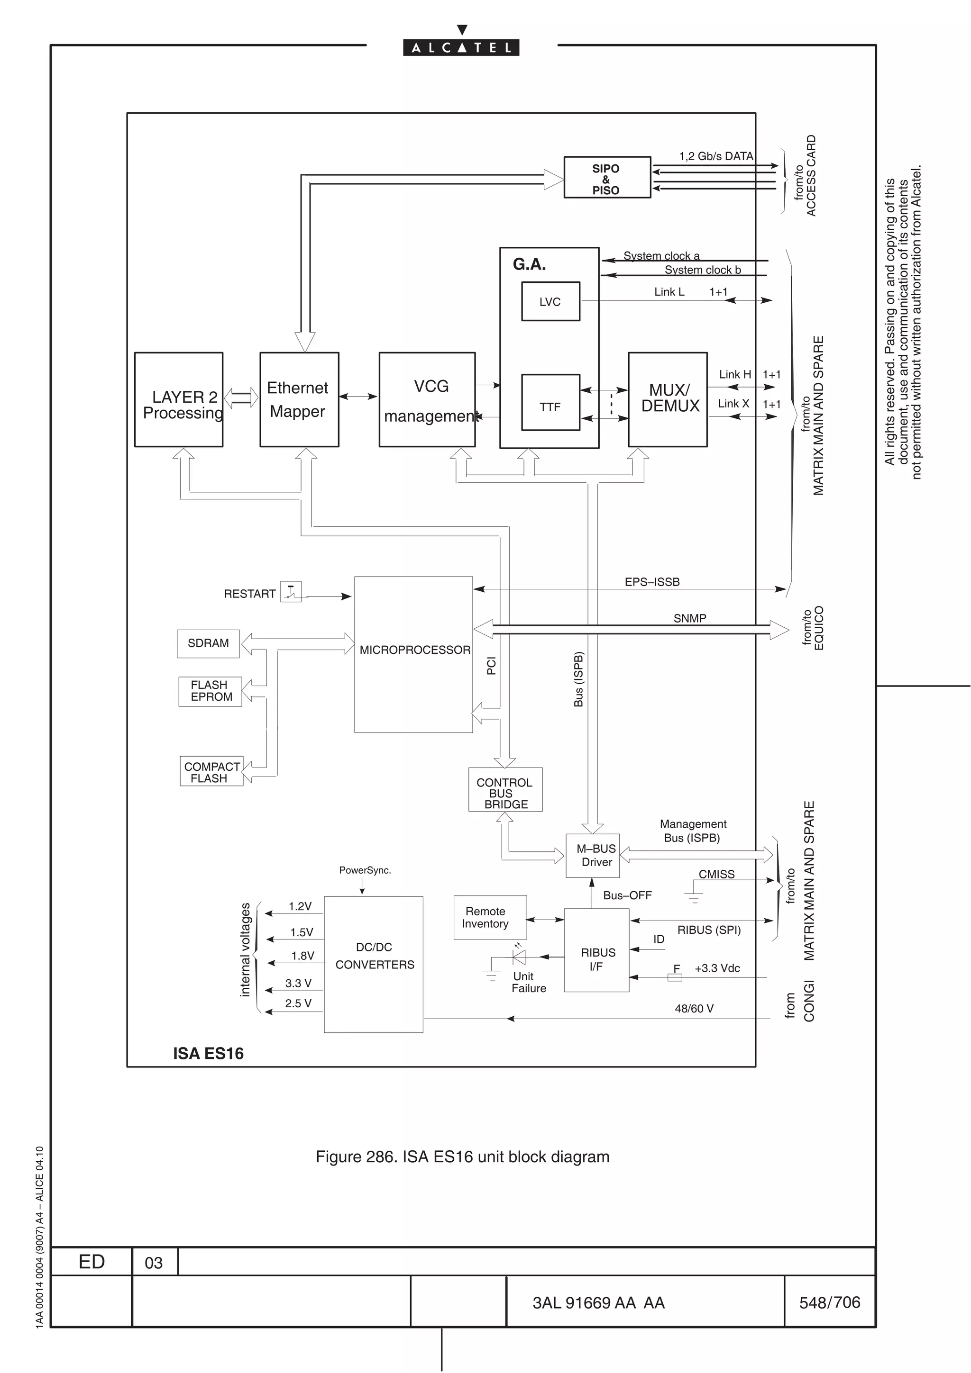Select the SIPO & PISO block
point(607,178)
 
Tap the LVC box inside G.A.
point(550,301)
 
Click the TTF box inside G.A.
point(550,402)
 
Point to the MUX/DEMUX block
point(668,399)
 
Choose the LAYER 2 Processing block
point(178,399)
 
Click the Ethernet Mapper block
point(299,399)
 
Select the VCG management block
point(427,399)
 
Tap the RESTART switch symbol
point(291,591)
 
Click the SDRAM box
point(208,643)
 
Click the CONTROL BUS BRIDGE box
point(505,789)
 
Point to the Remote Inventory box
point(489,917)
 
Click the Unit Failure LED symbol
point(519,957)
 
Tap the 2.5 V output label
point(298,1003)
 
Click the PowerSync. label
point(365,870)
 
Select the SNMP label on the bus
point(689,618)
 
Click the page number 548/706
point(829,1302)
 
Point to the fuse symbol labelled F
point(674,977)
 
